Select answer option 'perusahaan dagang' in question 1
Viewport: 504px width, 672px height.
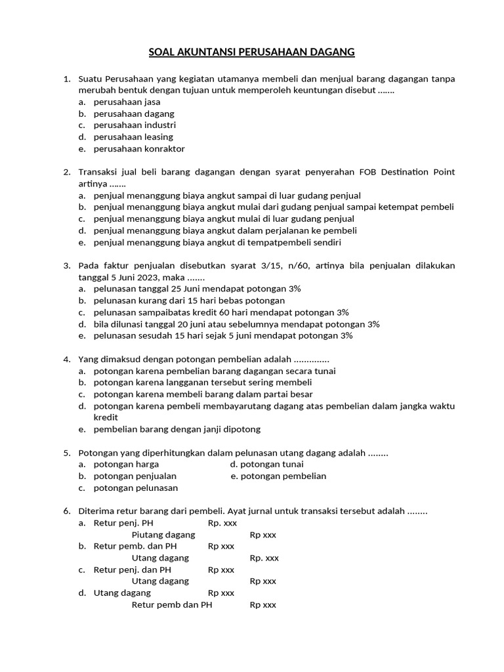134,114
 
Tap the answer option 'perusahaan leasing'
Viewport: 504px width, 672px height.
133,136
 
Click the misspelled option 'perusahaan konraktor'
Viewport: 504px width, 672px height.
139,148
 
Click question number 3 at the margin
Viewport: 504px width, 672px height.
67,265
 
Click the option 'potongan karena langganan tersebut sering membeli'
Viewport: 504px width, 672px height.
203,382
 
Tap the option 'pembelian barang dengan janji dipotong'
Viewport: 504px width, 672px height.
177,429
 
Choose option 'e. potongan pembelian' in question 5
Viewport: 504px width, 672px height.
278,476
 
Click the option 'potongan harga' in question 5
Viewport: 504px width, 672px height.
126,464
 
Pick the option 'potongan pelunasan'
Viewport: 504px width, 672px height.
136,488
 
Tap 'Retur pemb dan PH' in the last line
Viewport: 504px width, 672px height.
172,604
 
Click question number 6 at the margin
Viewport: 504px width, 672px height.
67,511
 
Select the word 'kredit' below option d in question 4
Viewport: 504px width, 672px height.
106,417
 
